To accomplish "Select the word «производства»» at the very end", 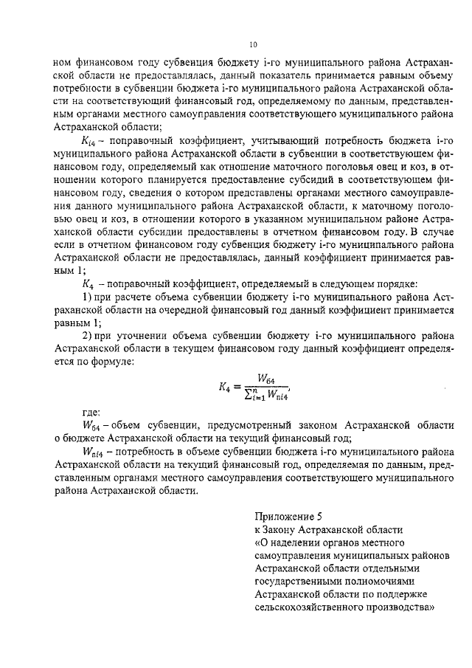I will coord(394,608).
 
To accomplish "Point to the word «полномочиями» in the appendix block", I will coord(374,582).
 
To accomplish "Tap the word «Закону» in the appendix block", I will coord(283,529).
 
